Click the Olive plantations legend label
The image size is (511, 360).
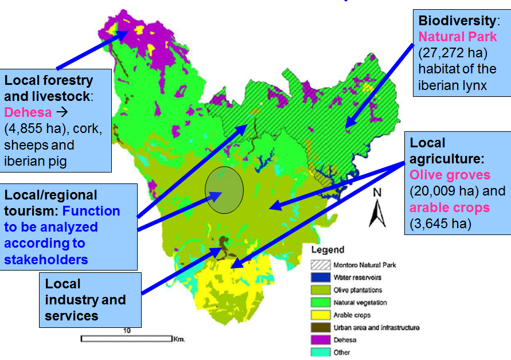[x=357, y=290]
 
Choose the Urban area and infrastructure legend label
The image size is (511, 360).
[x=376, y=327]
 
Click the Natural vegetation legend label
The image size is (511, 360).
[x=360, y=303]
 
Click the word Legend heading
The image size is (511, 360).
[x=327, y=250]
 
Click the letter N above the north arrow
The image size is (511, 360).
[x=377, y=193]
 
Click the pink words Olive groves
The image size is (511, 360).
[x=450, y=174]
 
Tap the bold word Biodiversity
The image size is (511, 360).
[x=457, y=21]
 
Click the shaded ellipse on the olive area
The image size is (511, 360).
[x=224, y=189]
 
